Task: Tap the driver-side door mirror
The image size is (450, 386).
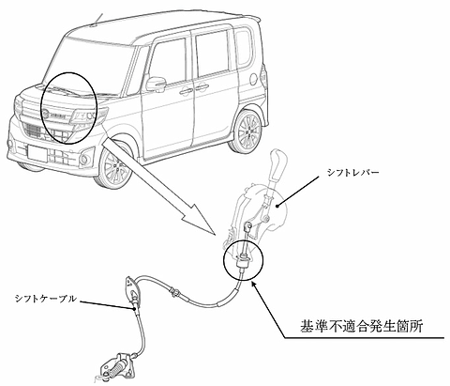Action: (x=156, y=84)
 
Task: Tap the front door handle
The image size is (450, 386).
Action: (x=186, y=90)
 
